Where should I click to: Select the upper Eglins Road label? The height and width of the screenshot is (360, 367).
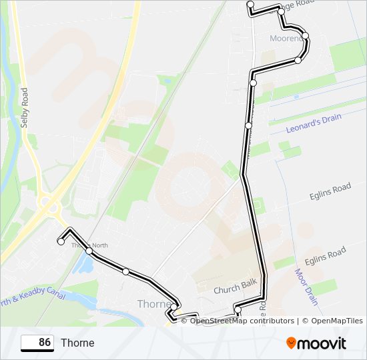click(330, 192)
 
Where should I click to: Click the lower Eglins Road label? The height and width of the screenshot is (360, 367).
click(325, 255)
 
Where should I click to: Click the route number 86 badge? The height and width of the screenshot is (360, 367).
click(37, 343)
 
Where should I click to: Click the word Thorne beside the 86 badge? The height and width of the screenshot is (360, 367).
click(77, 343)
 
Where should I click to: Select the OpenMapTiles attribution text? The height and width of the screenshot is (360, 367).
click(333, 321)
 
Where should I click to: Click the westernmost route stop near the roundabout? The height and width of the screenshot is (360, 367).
click(61, 242)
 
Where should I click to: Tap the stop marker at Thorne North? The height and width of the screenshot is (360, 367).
click(89, 251)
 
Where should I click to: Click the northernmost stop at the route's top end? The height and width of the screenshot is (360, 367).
click(250, 5)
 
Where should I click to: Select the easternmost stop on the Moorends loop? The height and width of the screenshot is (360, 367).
click(305, 35)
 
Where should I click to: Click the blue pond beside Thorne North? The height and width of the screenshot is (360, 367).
click(85, 264)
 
